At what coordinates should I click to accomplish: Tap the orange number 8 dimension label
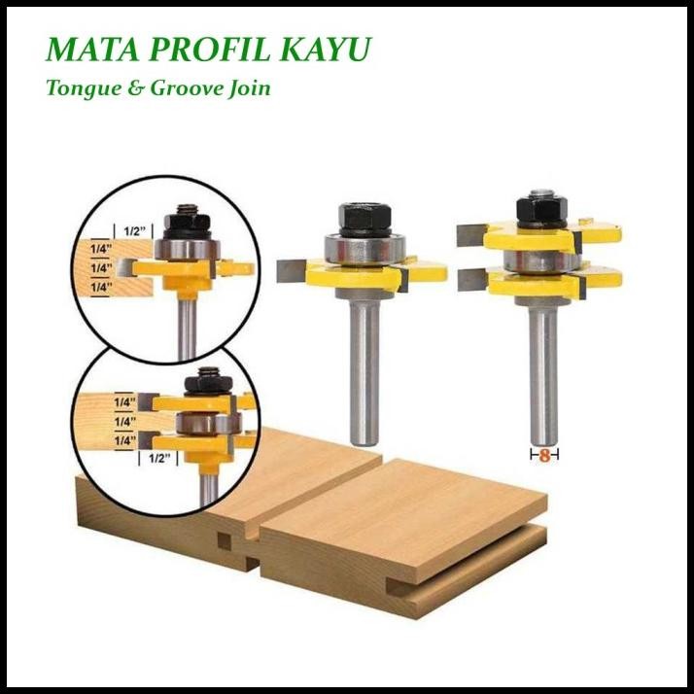544,454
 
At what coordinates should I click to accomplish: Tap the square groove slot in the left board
225,539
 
